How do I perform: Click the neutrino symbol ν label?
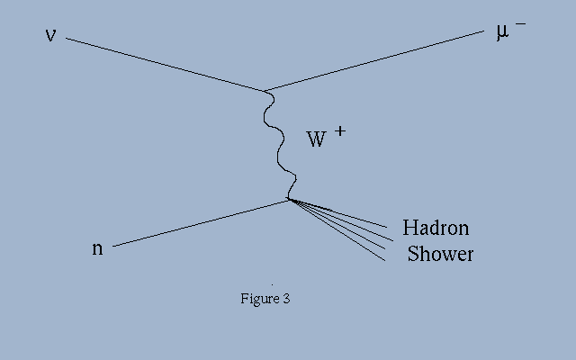coord(50,35)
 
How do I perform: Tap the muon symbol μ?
coord(502,32)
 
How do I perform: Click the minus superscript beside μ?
coord(520,24)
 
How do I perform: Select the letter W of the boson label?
coord(316,139)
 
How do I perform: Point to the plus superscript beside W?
coord(340,131)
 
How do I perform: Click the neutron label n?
coord(97,248)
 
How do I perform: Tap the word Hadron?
coord(436,228)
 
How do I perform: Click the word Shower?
coord(440,254)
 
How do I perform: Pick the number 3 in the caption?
coord(287,298)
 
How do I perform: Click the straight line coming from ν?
coord(166,64)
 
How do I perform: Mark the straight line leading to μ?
coord(374,61)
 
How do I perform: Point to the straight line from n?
coord(201,223)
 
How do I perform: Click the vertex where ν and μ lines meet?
coord(265,91)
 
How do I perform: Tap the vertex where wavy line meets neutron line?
coord(289,200)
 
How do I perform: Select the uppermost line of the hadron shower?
coord(338,213)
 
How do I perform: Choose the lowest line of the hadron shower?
coord(337,230)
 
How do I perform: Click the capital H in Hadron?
coord(409,228)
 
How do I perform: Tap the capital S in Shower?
coord(413,254)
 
